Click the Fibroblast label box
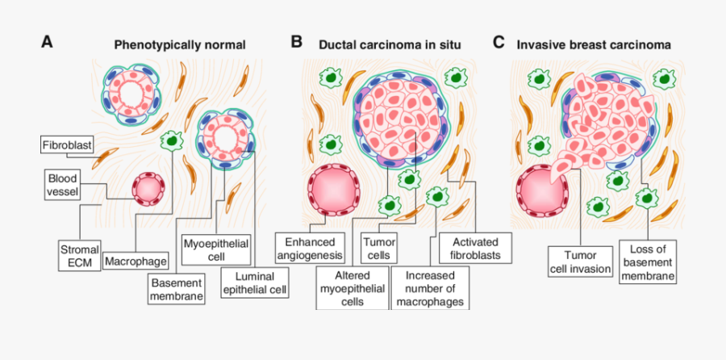[67, 145]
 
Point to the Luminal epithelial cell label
[254, 283]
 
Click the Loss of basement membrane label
[648, 262]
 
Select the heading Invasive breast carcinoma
[594, 44]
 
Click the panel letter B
[296, 41]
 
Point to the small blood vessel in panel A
[148, 189]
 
